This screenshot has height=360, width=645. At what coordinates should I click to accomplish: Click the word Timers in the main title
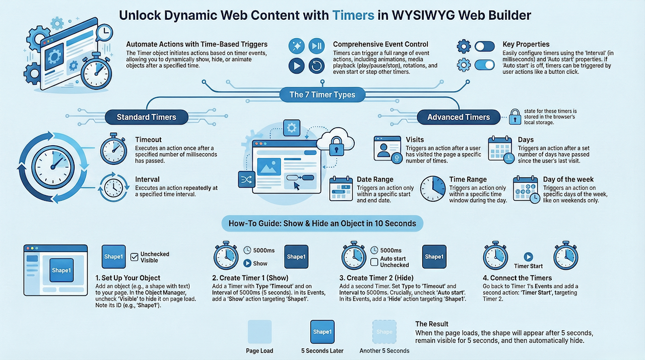pyautogui.click(x=353, y=15)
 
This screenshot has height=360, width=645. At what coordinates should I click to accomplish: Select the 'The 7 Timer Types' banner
pyautogui.click(x=322, y=94)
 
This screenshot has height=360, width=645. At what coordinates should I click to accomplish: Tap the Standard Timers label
pyautogui.click(x=146, y=117)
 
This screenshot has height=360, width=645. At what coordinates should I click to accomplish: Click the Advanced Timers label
pyautogui.click(x=459, y=117)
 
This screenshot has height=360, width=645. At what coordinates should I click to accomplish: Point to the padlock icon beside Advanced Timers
pyautogui.click(x=514, y=117)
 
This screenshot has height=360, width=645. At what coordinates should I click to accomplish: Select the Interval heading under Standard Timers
pyautogui.click(x=147, y=179)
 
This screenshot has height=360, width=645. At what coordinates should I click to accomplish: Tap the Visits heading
pyautogui.click(x=415, y=140)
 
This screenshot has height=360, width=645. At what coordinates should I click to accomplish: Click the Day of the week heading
pyautogui.click(x=568, y=179)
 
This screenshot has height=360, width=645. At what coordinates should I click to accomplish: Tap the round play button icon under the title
pyautogui.click(x=296, y=66)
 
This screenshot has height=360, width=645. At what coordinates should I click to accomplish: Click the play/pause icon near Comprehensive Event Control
pyautogui.click(x=316, y=46)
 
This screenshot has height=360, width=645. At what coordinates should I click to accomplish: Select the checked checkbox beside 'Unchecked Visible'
pyautogui.click(x=135, y=257)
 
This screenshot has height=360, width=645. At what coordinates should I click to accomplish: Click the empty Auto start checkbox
pyautogui.click(x=374, y=262)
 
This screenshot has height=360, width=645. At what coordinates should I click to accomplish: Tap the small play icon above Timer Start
pyautogui.click(x=528, y=257)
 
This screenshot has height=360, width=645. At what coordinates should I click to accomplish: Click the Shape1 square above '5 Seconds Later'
pyautogui.click(x=322, y=332)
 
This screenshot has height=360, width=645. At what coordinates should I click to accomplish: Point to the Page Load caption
pyautogui.click(x=260, y=351)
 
